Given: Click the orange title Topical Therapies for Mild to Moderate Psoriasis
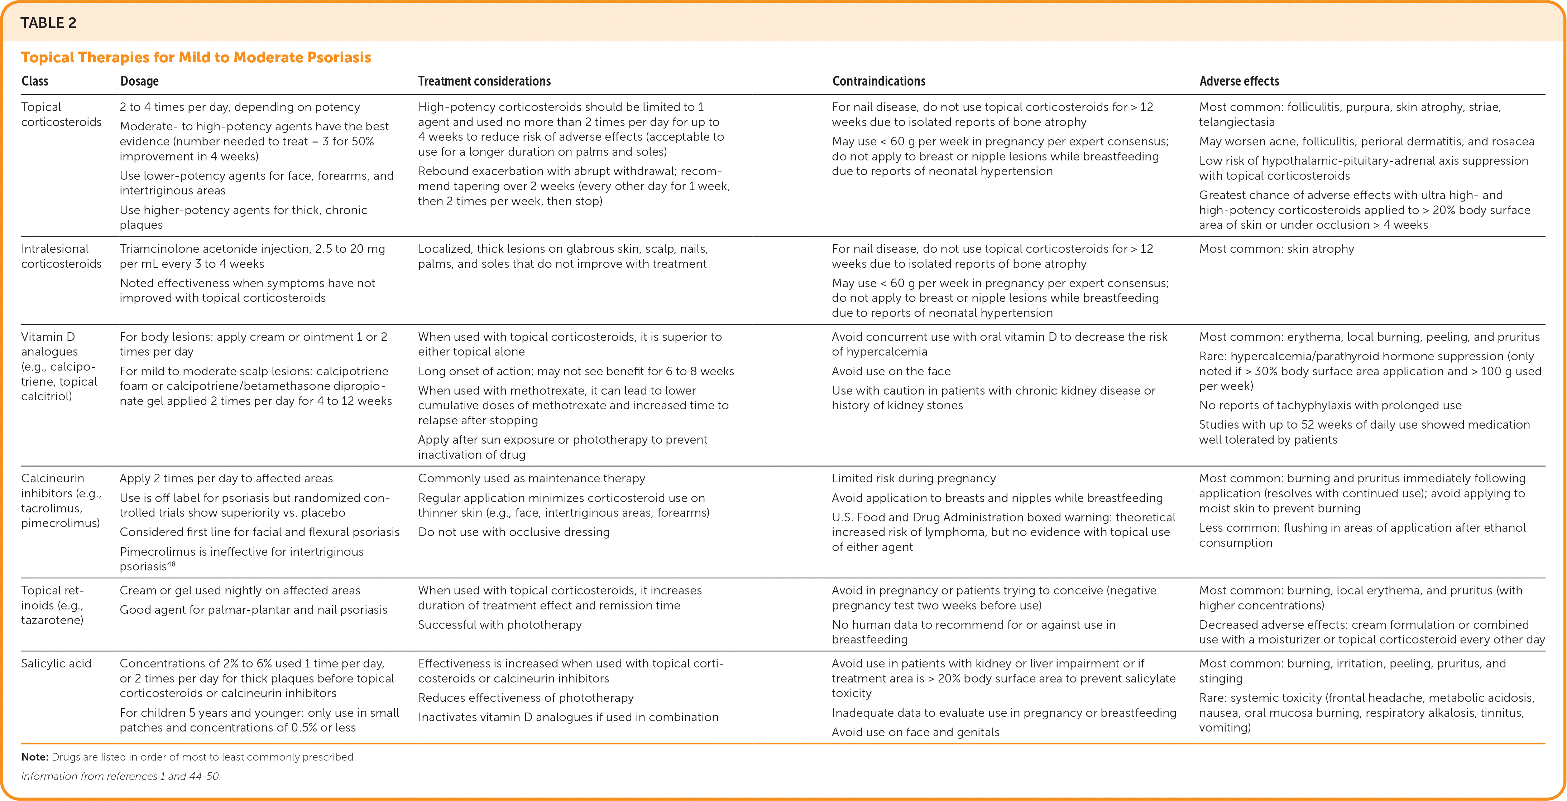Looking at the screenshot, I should tap(196, 57).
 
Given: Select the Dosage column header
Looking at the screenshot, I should tap(139, 81).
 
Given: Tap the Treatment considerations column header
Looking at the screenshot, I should tap(484, 81).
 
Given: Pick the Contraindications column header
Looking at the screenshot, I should tap(878, 81).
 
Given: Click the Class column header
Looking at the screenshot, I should tap(35, 81).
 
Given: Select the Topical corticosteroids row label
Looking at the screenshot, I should tap(61, 114).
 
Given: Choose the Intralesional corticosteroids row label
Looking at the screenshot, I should tap(61, 256).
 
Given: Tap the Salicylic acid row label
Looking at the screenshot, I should tap(56, 664).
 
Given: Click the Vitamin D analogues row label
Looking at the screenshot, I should tap(59, 366).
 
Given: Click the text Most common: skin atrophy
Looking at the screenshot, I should tap(1276, 249).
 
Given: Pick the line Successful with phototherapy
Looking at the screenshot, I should tap(499, 624).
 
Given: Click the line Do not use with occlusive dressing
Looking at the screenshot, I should tap(513, 532).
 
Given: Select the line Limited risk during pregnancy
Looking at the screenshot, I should tap(914, 479).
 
